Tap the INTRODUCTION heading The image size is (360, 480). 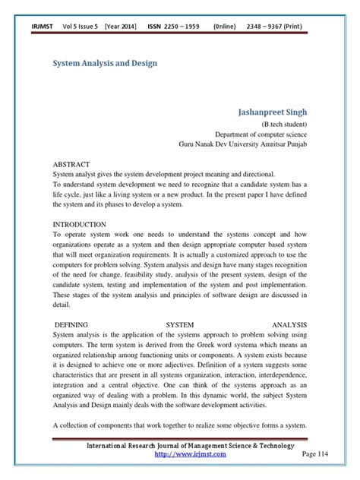[81, 226]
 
